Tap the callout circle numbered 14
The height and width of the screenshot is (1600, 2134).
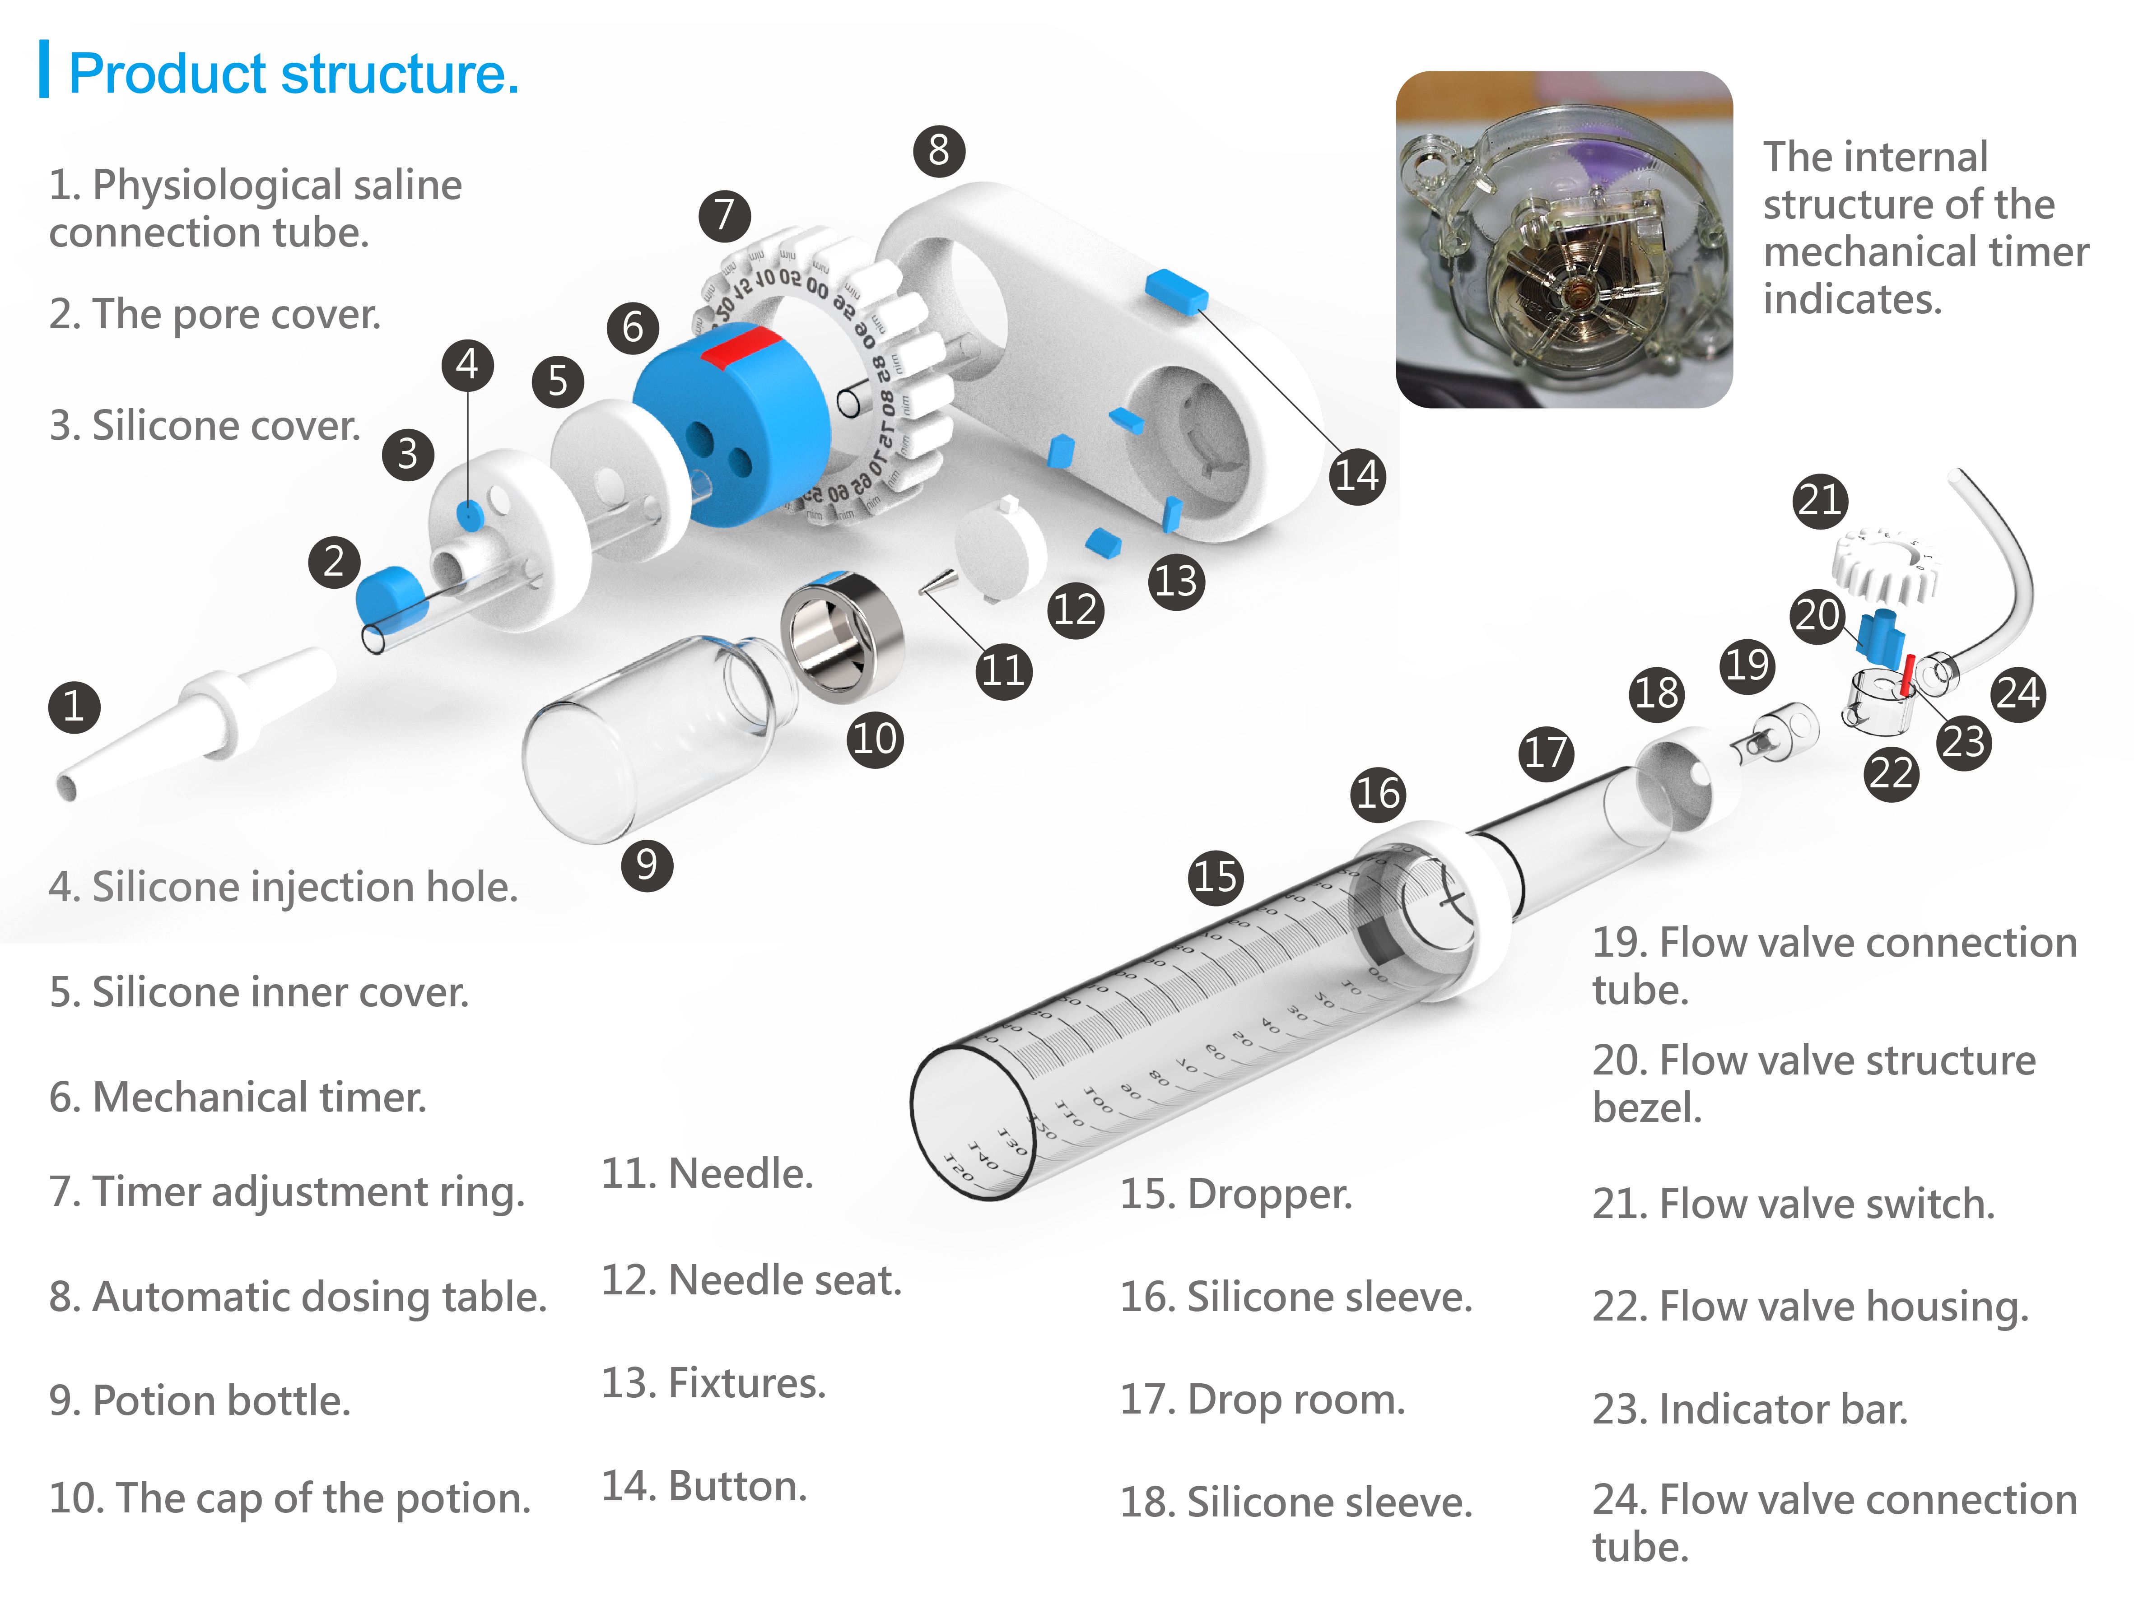[x=1356, y=475]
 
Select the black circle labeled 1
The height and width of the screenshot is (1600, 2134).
[x=75, y=707]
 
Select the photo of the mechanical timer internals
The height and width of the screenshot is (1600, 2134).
[x=1564, y=239]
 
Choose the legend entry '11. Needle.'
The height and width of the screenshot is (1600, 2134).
[x=707, y=1174]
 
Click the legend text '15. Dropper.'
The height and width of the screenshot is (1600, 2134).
[x=1236, y=1194]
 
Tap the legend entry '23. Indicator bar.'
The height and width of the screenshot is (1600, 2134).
[x=1750, y=1409]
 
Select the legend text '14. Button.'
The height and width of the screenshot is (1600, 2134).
[x=704, y=1486]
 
